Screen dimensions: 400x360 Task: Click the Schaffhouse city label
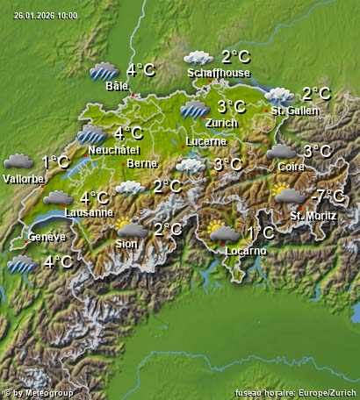click(219, 74)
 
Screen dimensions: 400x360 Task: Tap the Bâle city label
click(117, 87)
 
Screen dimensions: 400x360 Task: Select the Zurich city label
click(221, 123)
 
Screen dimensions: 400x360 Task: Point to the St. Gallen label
click(295, 111)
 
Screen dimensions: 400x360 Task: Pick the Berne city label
click(142, 163)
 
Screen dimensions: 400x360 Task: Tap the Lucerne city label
click(206, 141)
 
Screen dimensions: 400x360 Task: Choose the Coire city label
click(291, 166)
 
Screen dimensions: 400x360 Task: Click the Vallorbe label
click(24, 179)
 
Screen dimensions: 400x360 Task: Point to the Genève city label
click(47, 238)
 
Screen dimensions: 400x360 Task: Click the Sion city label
click(126, 244)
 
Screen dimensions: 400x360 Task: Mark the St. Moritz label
click(309, 215)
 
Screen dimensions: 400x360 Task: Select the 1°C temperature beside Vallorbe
click(55, 162)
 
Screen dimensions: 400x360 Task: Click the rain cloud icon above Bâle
click(104, 71)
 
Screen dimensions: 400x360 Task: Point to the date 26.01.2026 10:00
click(46, 16)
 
